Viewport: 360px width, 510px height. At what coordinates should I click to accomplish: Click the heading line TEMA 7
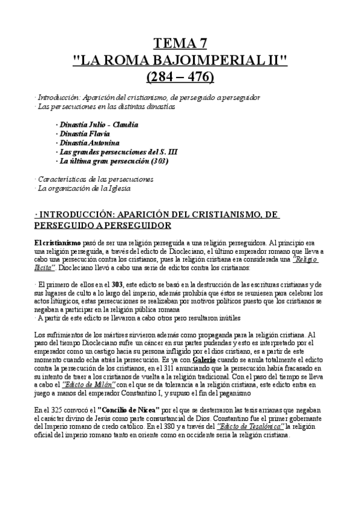coord(180,43)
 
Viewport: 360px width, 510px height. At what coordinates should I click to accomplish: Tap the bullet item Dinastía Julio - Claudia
coord(97,125)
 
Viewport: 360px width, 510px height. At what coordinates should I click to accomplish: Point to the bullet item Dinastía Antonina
coord(90,143)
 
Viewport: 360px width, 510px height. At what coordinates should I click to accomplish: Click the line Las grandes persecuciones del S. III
coord(117,152)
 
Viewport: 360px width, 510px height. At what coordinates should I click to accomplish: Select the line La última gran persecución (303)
coord(112,161)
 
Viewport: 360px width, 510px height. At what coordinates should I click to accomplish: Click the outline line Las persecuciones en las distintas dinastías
coord(106,107)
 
